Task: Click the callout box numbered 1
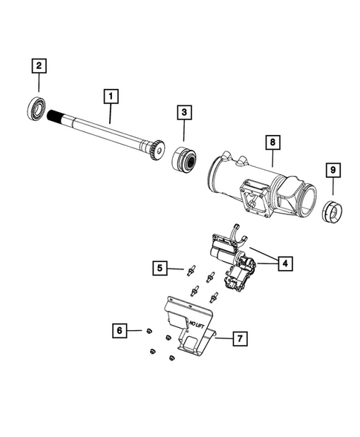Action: (x=110, y=96)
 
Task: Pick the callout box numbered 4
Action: (x=285, y=262)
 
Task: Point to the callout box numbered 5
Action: (x=160, y=267)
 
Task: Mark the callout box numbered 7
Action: (x=239, y=339)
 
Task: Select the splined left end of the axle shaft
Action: (x=59, y=117)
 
